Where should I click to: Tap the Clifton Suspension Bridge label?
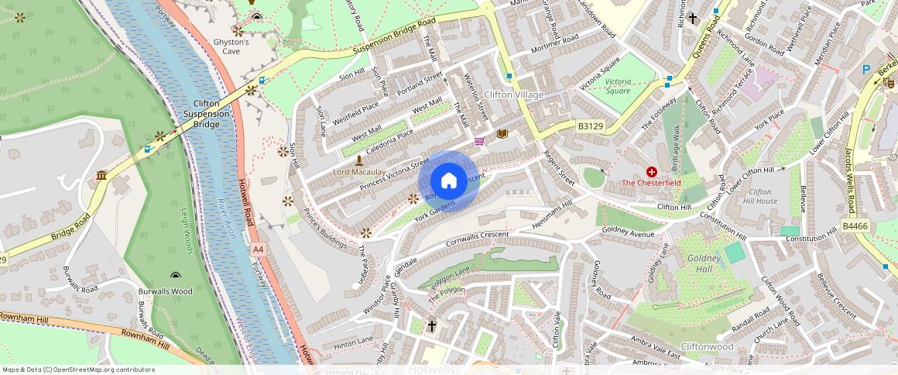click(x=207, y=113)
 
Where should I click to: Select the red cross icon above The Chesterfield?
click(x=652, y=171)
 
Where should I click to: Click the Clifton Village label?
click(x=513, y=95)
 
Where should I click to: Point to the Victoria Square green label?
click(x=617, y=85)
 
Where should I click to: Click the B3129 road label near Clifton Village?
click(x=590, y=125)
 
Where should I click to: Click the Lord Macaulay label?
click(x=358, y=171)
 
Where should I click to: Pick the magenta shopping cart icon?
click(x=480, y=141)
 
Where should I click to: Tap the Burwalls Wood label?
click(x=164, y=291)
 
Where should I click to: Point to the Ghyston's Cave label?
click(x=231, y=46)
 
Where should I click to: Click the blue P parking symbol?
click(x=865, y=70)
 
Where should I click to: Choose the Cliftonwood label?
click(x=707, y=346)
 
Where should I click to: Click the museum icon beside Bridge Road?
click(x=101, y=177)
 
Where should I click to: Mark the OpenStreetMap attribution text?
click(x=78, y=370)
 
